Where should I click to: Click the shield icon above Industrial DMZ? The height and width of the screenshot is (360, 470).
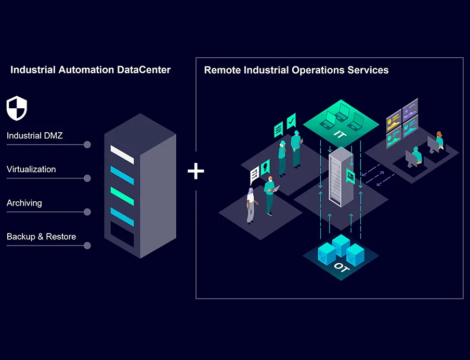tap(17, 108)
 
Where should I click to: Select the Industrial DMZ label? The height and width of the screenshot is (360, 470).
tap(34, 136)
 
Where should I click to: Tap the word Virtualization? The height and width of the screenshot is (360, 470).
tap(31, 169)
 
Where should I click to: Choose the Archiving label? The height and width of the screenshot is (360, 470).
tap(24, 203)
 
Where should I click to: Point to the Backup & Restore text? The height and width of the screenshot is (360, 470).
tap(41, 237)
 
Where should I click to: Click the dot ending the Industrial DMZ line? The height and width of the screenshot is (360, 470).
tap(87, 145)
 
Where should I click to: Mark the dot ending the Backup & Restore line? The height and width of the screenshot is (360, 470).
tap(87, 246)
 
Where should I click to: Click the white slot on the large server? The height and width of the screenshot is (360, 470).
tap(122, 155)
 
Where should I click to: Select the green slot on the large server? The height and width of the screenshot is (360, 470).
tap(122, 196)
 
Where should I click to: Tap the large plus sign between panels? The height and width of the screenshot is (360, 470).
tap(195, 171)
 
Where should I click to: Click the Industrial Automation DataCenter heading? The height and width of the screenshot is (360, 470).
tap(90, 70)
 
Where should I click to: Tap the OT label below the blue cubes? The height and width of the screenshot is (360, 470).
tap(341, 267)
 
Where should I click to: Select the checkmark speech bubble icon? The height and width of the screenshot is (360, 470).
tap(291, 121)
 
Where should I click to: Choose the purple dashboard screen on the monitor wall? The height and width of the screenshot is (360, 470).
tap(410, 109)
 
